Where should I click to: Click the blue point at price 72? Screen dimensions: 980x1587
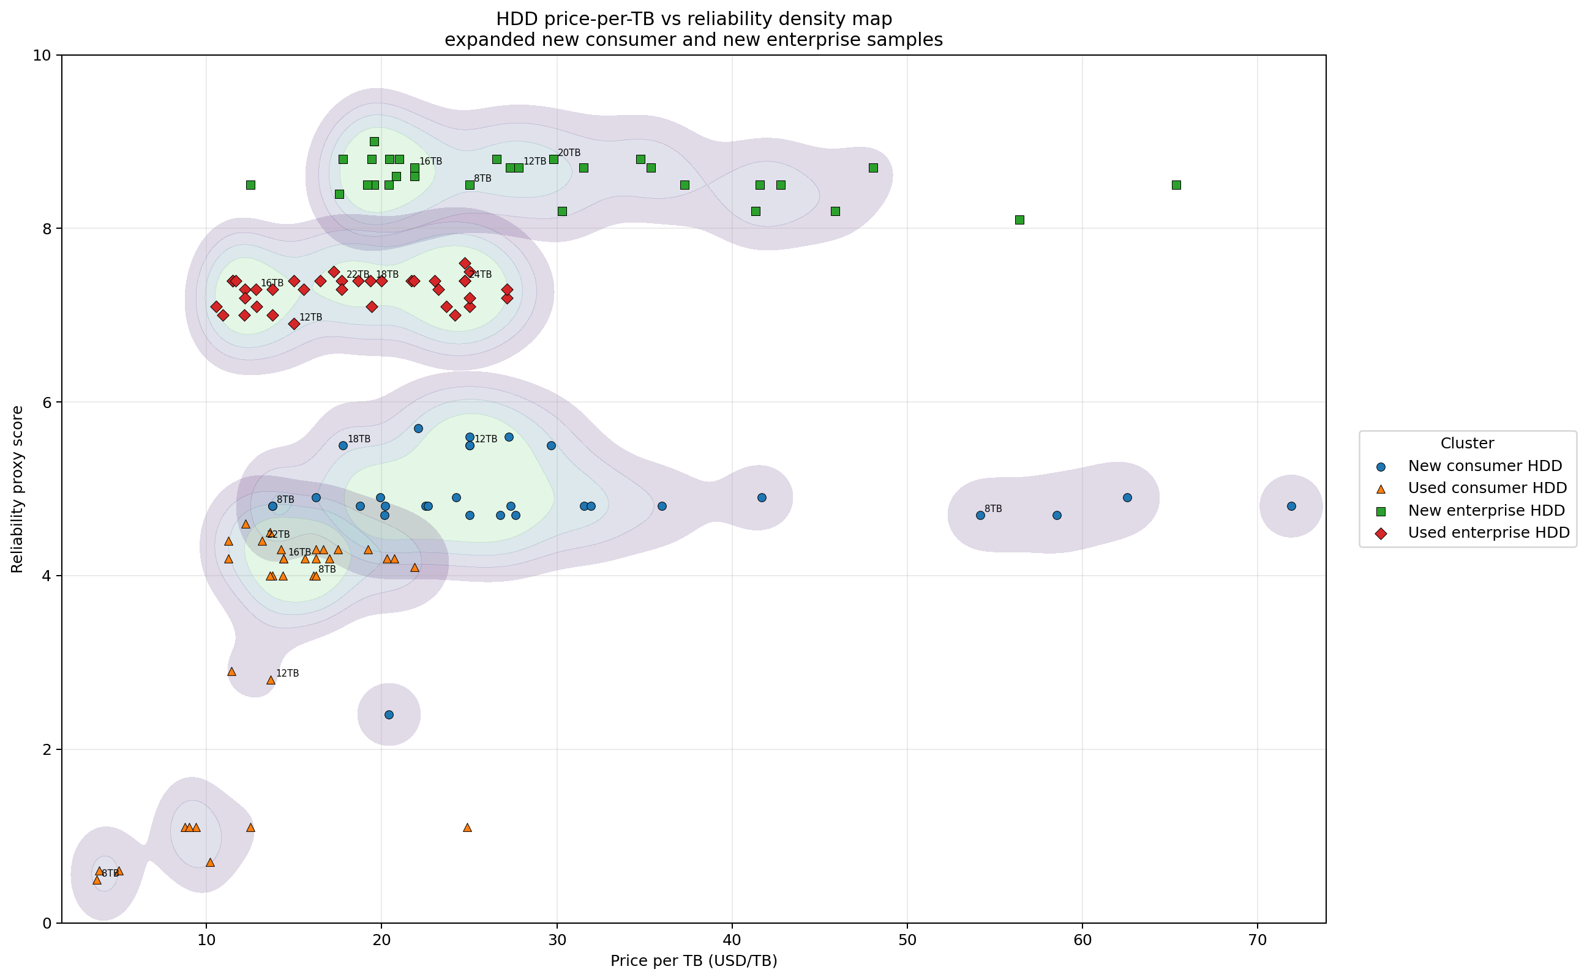pos(1291,506)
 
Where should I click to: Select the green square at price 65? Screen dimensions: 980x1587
pos(1176,185)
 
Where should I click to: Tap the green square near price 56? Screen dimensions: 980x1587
pos(1019,220)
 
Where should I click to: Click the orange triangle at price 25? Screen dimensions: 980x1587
pos(468,828)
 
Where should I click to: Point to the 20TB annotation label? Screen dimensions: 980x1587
pos(569,153)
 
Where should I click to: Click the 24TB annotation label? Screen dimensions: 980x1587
pos(481,275)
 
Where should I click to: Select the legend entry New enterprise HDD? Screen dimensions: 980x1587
pos(1486,511)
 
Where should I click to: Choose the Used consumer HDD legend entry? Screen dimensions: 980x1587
pos(1487,488)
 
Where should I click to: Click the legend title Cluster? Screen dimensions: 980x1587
pos(1467,444)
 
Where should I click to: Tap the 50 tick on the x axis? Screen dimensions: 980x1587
pos(907,940)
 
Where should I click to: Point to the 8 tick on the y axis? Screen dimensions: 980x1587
pos(46,229)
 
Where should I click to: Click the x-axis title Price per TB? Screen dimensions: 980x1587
pos(693,961)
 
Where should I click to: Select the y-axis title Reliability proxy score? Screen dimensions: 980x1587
pos(18,489)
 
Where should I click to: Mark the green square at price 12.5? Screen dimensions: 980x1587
pos(251,185)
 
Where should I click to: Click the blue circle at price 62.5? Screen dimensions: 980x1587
pos(1127,498)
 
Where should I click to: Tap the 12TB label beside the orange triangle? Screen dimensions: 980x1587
pos(287,674)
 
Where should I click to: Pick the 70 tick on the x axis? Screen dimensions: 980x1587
pos(1258,940)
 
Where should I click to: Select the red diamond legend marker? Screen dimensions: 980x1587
pos(1381,533)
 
